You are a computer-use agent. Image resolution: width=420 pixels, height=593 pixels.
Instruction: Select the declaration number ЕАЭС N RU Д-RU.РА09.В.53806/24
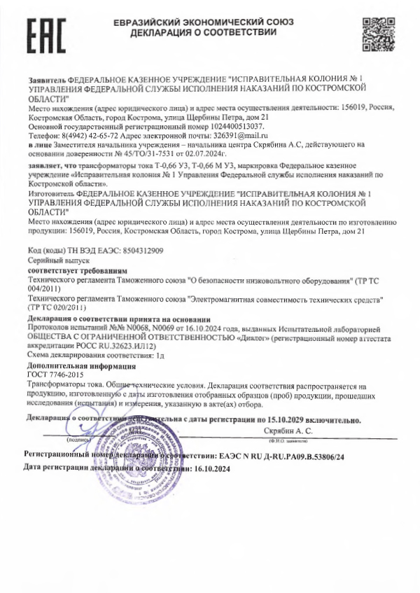(x=281, y=456)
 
